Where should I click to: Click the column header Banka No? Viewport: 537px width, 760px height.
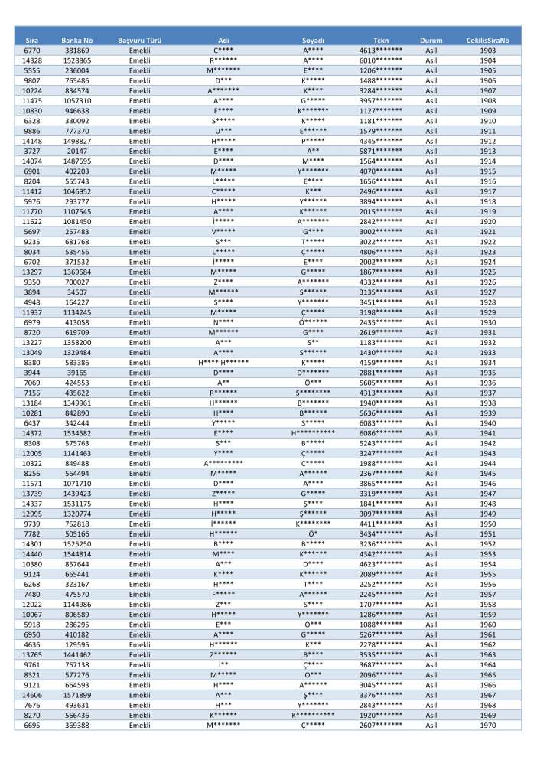click(x=76, y=39)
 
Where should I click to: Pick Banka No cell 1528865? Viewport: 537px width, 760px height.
click(x=76, y=60)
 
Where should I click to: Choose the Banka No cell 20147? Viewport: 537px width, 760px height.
click(x=76, y=151)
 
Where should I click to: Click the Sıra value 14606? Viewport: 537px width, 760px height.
click(x=32, y=695)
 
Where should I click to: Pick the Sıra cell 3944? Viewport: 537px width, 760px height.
click(x=32, y=372)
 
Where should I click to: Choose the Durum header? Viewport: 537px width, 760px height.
click(x=431, y=39)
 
